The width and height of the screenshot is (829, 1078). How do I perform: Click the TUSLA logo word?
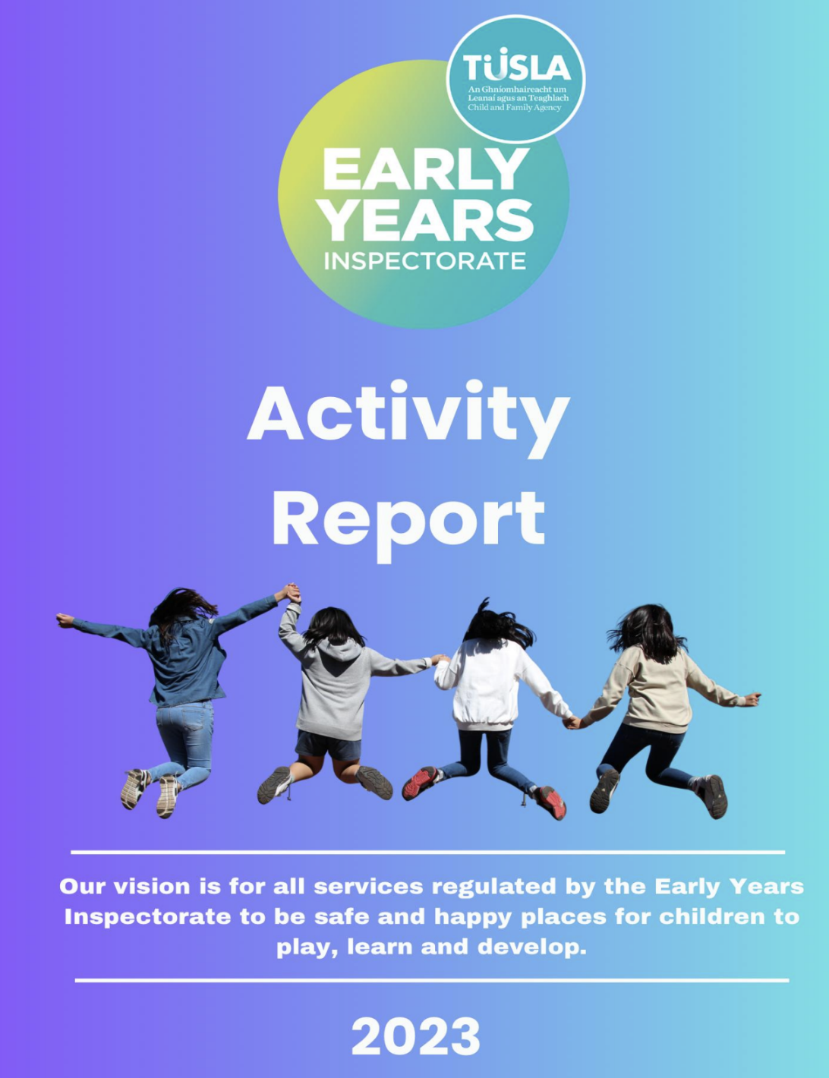516,68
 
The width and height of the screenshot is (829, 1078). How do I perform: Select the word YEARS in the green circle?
425,220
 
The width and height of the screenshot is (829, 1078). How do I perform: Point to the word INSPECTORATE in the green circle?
424,261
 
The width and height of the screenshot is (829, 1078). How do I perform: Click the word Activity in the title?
408,414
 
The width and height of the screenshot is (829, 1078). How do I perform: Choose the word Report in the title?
408,520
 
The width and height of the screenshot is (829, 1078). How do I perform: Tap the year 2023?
415,1037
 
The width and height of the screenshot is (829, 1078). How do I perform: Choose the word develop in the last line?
531,947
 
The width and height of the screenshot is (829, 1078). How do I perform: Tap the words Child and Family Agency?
514,108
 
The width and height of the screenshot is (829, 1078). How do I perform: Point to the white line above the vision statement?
427,853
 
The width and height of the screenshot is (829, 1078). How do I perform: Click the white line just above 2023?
431,980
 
